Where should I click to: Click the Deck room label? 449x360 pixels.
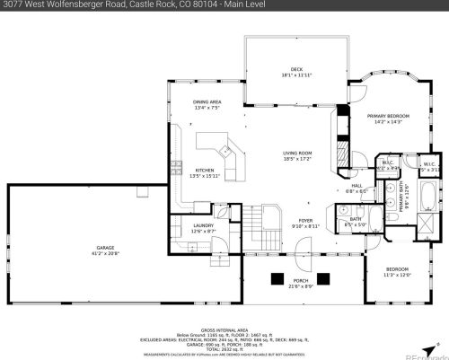pyautogui.click(x=295, y=71)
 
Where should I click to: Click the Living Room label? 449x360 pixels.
pyautogui.click(x=297, y=154)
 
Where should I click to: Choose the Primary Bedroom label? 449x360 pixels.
pyautogui.click(x=388, y=117)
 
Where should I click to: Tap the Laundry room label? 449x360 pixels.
pyautogui.click(x=203, y=226)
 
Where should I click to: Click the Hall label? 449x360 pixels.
pyautogui.click(x=357, y=186)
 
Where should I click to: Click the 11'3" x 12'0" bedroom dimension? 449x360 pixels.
pyautogui.click(x=397, y=274)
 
